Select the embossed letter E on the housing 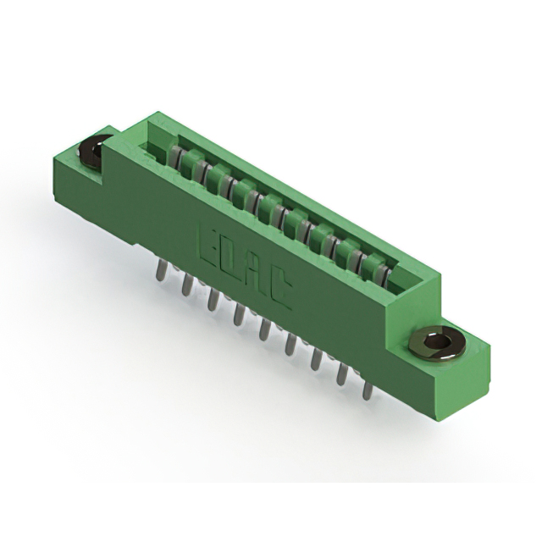tap(207, 241)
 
